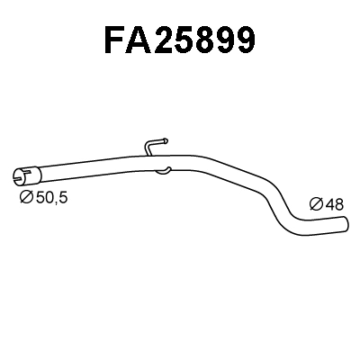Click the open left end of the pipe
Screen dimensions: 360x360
(19, 175)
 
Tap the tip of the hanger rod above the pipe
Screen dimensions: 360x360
(166, 139)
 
